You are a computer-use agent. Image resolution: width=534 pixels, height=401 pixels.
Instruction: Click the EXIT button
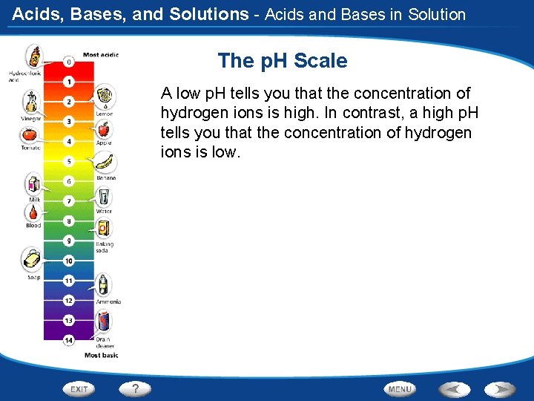tap(79, 388)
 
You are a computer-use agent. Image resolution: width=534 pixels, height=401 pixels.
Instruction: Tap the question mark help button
tap(135, 388)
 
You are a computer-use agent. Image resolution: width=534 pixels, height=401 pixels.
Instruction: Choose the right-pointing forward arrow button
tap(499, 388)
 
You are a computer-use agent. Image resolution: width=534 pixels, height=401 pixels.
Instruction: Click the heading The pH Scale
tap(282, 61)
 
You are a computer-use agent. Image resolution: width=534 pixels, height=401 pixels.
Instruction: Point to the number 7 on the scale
tap(69, 201)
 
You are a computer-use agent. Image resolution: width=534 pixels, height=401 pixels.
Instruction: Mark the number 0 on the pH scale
tap(69, 62)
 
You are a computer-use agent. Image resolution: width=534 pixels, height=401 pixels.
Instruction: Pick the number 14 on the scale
tap(69, 341)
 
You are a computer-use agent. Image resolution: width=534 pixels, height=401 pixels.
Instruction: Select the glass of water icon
tap(105, 197)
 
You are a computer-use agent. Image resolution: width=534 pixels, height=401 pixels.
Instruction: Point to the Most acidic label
tap(101, 54)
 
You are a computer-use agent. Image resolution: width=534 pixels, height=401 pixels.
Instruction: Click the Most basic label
tap(101, 356)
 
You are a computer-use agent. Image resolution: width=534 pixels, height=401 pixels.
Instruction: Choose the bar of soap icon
tap(32, 259)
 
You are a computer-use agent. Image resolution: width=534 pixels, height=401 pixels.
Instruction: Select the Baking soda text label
tap(104, 247)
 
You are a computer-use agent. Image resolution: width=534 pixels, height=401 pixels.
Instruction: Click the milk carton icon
tap(33, 184)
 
